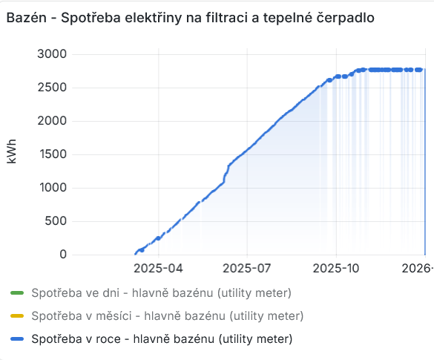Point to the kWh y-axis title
(11, 154)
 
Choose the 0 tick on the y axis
(62, 255)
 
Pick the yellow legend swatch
(18, 315)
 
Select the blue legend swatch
(18, 339)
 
